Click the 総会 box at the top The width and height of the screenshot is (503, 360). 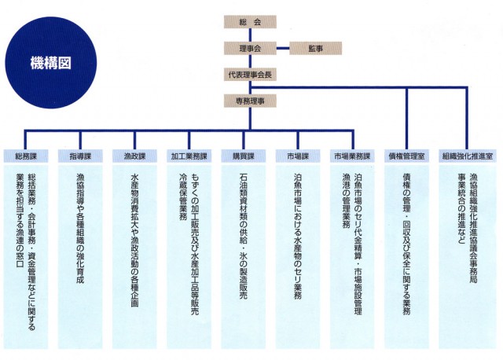pyautogui.click(x=250, y=22)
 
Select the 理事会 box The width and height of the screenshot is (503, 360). pyautogui.click(x=250, y=49)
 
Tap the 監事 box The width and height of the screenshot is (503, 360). pyautogui.click(x=316, y=49)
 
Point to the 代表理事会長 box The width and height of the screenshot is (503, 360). pyautogui.click(x=250, y=75)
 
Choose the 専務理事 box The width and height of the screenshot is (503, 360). pyautogui.click(x=250, y=101)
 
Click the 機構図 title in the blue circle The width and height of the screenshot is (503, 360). pyautogui.click(x=50, y=63)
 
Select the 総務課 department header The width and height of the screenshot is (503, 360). pyautogui.click(x=26, y=156)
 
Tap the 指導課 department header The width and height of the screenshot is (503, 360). pyautogui.click(x=80, y=156)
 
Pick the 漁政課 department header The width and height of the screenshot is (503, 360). pyautogui.click(x=134, y=156)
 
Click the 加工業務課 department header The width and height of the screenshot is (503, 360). pyautogui.click(x=189, y=156)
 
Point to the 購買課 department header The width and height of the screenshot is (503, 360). pyautogui.click(x=244, y=156)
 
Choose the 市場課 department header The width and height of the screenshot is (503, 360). pyautogui.click(x=298, y=156)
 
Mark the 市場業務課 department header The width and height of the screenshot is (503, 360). pyautogui.click(x=352, y=156)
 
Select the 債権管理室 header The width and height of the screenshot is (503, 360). pyautogui.click(x=407, y=156)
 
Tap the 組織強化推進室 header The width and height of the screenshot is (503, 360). pyautogui.click(x=467, y=156)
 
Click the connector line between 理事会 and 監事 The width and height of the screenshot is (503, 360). pyautogui.click(x=283, y=49)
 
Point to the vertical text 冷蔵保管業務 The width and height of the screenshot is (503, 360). pyautogui.click(x=183, y=197)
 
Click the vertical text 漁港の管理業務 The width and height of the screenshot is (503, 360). pyautogui.click(x=346, y=200)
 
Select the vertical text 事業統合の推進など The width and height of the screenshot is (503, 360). pyautogui.click(x=461, y=208)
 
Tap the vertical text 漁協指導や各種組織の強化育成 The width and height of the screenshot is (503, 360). pyautogui.click(x=80, y=228)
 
